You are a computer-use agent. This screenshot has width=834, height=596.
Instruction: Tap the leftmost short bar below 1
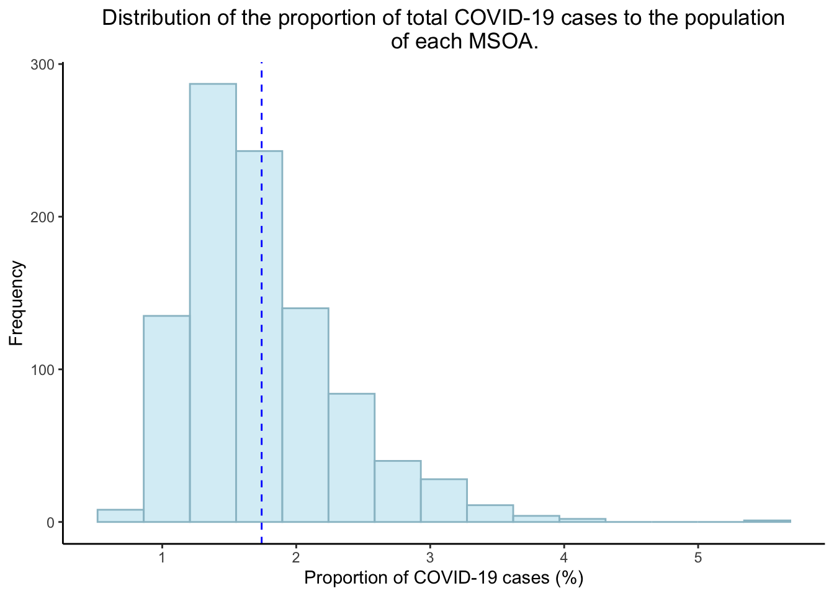120,516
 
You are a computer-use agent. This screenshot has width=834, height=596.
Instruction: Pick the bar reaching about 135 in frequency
166,419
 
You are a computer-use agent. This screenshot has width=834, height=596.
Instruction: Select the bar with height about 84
351,458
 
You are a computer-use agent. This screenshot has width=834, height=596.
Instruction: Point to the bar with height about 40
398,491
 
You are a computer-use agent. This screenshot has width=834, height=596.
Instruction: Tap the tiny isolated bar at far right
767,521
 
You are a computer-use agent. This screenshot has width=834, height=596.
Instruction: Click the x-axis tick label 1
162,558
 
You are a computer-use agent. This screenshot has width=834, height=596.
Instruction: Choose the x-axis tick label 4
564,558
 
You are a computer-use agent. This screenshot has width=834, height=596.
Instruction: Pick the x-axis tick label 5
698,558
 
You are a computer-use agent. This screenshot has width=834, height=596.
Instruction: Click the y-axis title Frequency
17,303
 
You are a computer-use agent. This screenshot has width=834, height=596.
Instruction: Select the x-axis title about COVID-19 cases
444,579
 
